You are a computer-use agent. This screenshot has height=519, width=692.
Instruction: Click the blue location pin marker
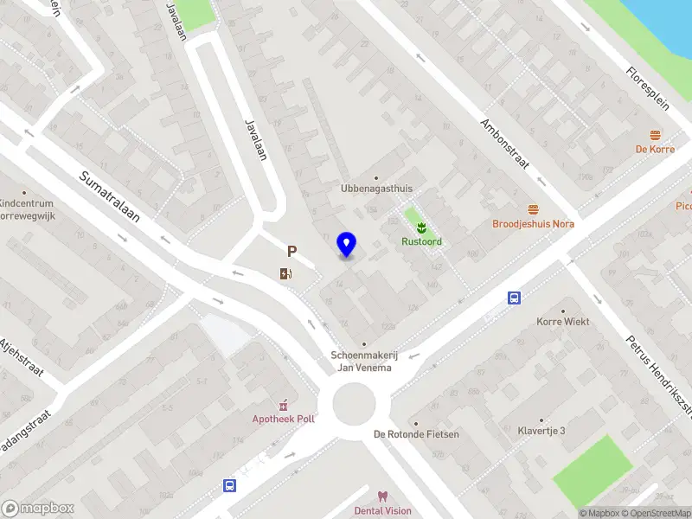pos(347,245)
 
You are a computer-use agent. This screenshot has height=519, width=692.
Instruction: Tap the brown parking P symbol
pos(292,252)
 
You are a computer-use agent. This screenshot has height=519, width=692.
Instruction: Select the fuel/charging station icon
pos(285,274)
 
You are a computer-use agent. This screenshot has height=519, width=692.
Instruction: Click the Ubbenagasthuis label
pos(376,189)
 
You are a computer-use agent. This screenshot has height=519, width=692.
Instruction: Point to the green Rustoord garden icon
pos(421,227)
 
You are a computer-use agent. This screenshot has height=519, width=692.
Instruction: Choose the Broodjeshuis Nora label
pos(533,223)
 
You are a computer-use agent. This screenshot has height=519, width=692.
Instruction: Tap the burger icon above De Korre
pos(655,134)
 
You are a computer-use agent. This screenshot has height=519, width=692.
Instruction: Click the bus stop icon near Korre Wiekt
pos(515,298)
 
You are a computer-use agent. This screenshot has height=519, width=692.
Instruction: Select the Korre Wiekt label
pos(563,322)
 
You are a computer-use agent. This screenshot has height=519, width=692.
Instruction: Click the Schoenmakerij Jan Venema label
pos(362,362)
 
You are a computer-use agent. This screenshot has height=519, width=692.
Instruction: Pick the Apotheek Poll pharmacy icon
pos(283,404)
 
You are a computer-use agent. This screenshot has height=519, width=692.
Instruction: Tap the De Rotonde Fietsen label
pos(416,434)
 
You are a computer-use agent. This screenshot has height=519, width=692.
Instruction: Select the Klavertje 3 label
pos(541,431)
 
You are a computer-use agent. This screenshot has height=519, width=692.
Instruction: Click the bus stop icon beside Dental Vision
pos(230,485)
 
